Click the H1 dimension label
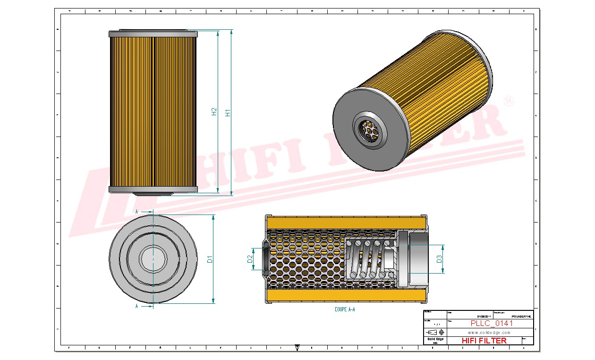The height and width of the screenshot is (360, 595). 228,113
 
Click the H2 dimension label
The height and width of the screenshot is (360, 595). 214,112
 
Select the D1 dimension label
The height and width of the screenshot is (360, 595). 210,259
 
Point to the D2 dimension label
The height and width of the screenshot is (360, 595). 249,259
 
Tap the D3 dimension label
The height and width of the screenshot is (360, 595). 439,259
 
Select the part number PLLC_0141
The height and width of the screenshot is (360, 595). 492,324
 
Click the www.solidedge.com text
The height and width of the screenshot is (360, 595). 489,333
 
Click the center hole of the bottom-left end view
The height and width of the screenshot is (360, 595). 153,258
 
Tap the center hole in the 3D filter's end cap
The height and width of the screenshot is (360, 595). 369,129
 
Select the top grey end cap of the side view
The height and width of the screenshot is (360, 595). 153,34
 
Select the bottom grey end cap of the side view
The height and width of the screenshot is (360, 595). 153,189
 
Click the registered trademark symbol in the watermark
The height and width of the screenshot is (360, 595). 509,102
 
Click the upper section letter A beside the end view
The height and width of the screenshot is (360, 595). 137,212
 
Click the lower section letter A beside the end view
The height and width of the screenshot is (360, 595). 137,306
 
